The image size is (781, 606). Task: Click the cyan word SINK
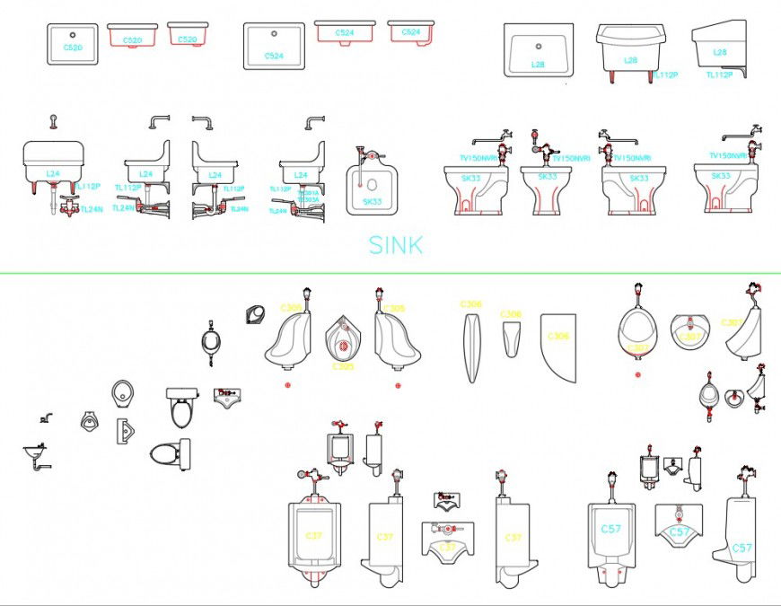coord(395,244)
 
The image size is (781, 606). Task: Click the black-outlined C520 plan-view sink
coord(72,44)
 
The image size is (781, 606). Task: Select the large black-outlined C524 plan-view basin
coord(274,46)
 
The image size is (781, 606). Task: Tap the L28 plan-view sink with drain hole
coord(538,51)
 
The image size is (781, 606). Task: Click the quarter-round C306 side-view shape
coord(558,347)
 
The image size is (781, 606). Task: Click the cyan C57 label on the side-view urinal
coord(742,548)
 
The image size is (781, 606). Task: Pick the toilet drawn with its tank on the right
coord(171,454)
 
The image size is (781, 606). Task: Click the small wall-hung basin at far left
coord(36,453)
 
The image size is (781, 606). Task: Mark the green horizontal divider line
coord(390,273)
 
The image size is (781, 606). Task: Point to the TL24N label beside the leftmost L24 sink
coord(91,209)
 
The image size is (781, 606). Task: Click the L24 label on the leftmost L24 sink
coord(53,172)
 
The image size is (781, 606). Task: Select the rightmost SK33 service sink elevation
coord(725,188)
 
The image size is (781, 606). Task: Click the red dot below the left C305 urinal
coord(287,385)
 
